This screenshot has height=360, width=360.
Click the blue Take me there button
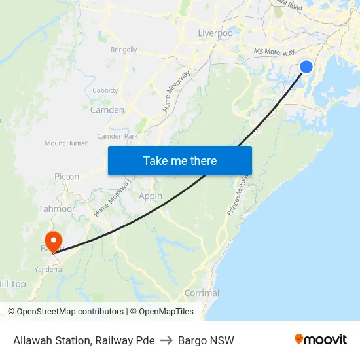[180, 160]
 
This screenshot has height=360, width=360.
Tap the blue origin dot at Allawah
[306, 66]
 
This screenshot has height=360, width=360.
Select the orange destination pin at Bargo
[52, 240]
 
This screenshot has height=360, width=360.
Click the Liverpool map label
[216, 33]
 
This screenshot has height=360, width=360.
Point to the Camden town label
[107, 110]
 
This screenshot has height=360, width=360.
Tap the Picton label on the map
[67, 177]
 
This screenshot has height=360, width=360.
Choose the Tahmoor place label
[57, 209]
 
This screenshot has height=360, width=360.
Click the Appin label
[151, 196]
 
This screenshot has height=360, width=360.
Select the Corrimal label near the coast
[202, 293]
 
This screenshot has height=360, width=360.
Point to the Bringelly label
[124, 50]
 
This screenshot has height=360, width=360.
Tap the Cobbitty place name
[105, 90]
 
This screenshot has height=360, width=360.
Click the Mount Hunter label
[66, 143]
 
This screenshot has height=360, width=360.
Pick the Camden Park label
[117, 136]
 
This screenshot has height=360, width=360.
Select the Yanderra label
[48, 269]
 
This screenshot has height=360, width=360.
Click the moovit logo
[320, 340]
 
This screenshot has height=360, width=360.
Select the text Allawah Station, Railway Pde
[84, 340]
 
